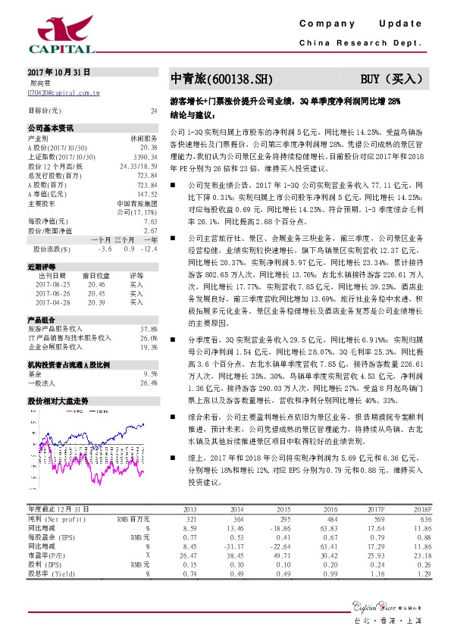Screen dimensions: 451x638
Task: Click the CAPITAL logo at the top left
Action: coord(61,33)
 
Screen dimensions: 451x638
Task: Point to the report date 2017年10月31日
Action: coord(53,72)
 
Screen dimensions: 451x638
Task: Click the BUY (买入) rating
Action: coord(393,79)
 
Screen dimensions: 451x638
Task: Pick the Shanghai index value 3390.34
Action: coord(145,156)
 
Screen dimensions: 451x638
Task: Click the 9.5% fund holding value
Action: coord(151,374)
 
